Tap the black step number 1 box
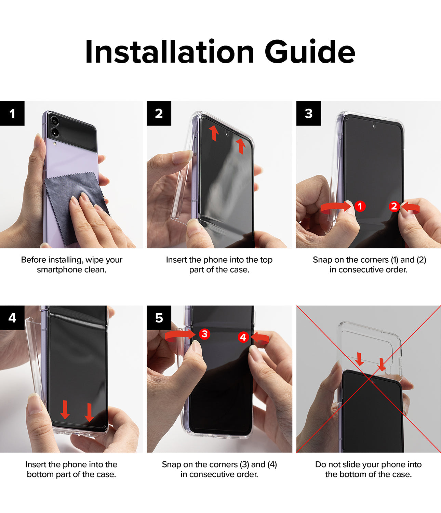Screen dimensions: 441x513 12,113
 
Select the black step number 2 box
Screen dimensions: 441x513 159,113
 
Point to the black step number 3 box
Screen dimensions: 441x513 308,113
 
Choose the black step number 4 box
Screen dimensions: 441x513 12,318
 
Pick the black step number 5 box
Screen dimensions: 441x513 159,318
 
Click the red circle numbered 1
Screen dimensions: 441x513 360,206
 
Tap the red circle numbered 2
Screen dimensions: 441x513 394,206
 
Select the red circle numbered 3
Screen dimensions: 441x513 204,334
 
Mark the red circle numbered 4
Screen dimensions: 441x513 243,337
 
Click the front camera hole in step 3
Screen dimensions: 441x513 374,126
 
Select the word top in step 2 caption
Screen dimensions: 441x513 266,260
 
